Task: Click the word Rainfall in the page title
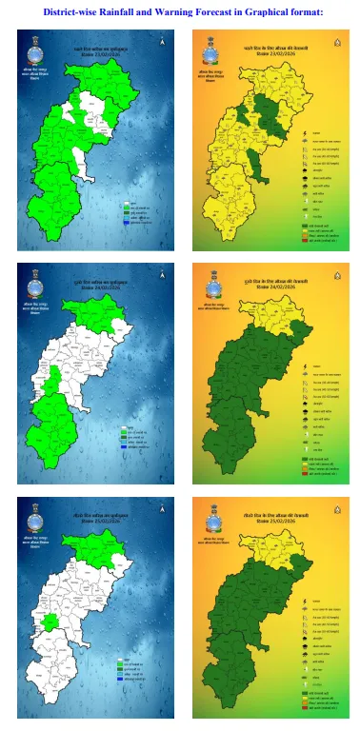tap(122, 11)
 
